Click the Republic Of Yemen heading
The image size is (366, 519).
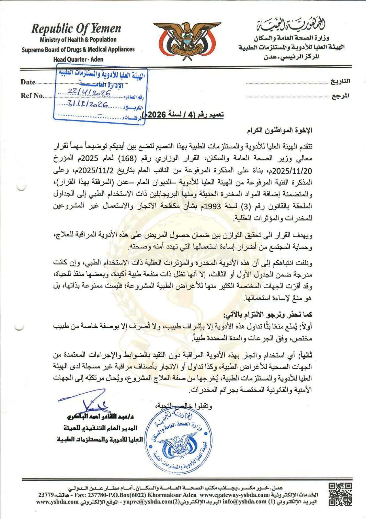point(76,29)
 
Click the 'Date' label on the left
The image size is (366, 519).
point(28,82)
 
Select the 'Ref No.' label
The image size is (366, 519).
point(32,96)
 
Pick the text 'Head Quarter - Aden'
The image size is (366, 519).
point(78,59)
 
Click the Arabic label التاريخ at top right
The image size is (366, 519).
point(340,81)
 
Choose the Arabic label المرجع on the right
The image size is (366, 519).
point(341,95)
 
